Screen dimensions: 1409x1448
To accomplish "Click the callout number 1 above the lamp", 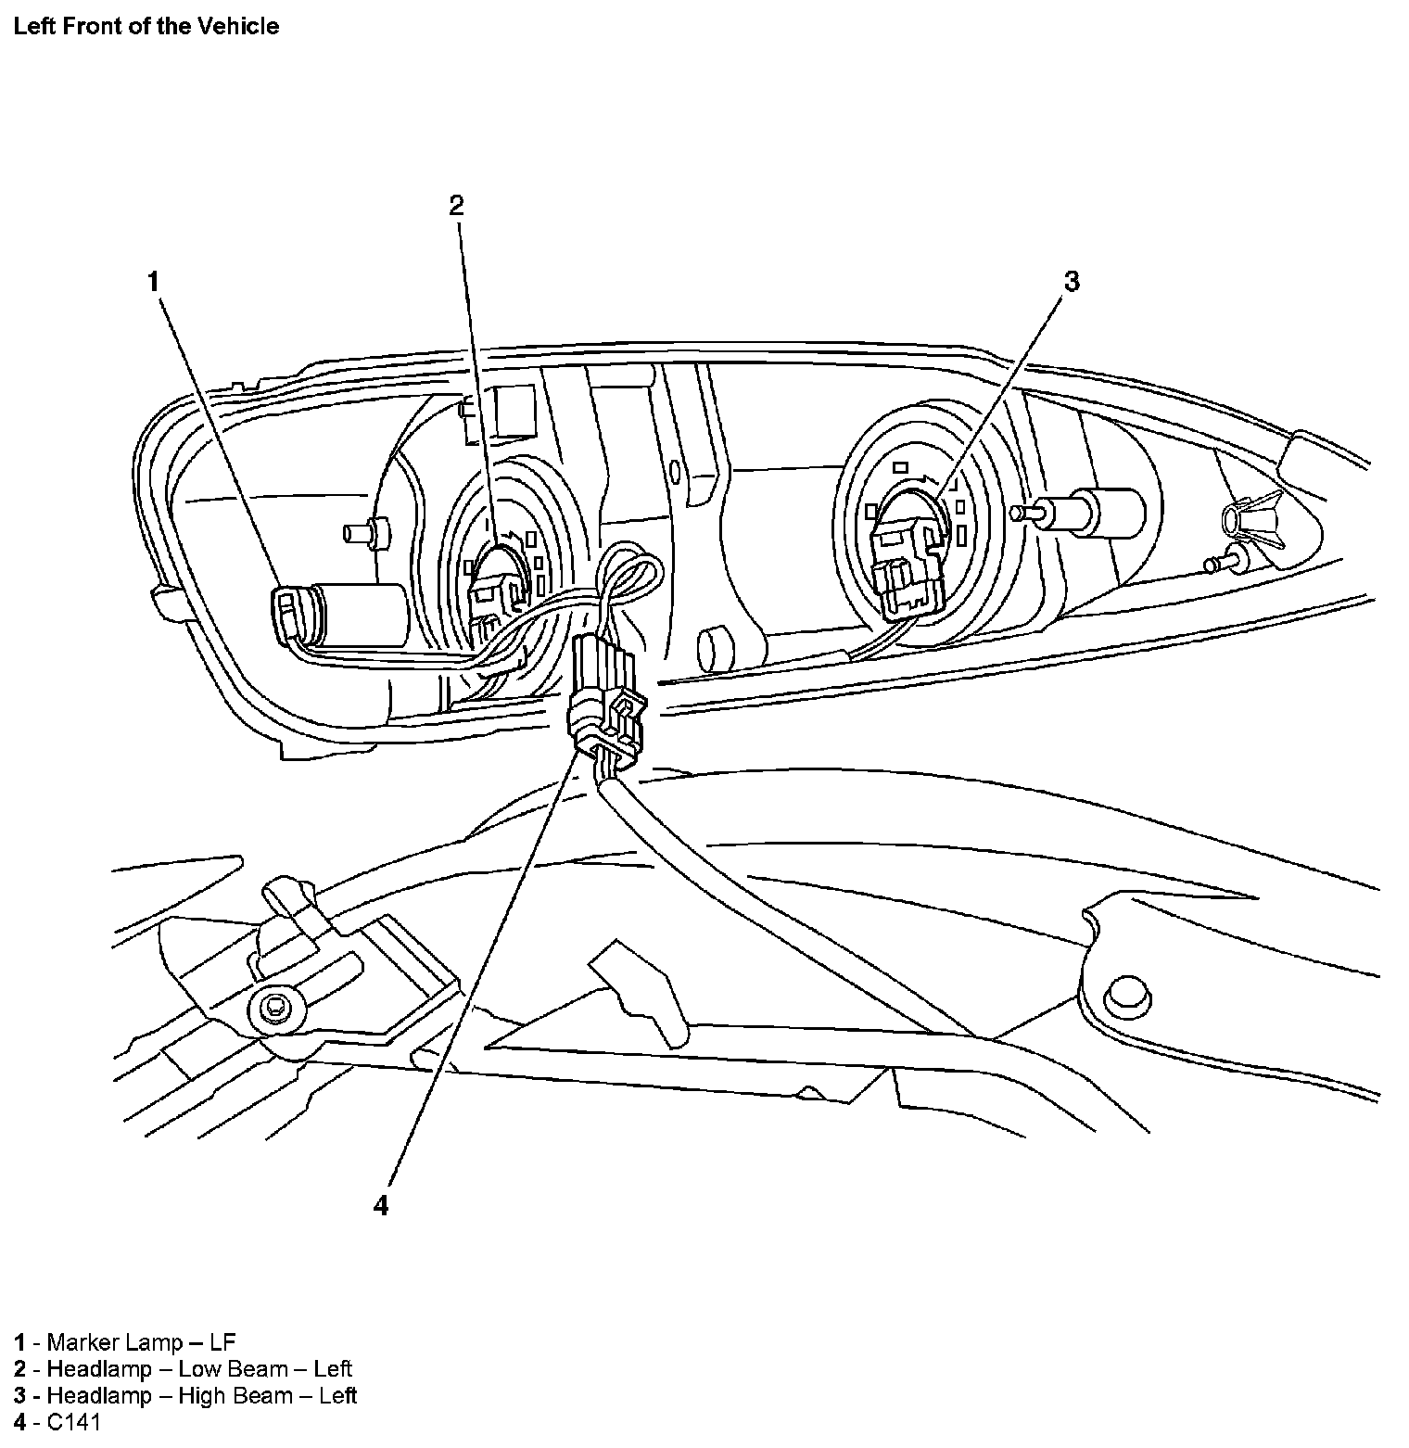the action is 154,281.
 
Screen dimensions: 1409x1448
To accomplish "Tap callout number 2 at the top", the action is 456,206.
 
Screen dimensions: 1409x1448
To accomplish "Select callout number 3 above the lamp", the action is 1072,281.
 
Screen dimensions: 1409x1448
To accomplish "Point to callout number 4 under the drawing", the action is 380,1206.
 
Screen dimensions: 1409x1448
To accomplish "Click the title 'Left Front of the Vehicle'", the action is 146,26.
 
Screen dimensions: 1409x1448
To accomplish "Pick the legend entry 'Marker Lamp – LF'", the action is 125,1341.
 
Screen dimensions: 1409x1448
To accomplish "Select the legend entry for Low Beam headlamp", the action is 183,1368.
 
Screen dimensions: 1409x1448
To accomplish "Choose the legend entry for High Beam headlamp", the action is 185,1395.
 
